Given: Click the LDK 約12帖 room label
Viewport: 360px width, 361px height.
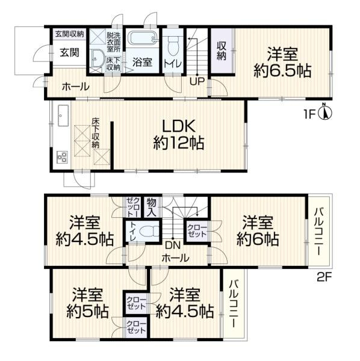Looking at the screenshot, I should coord(177,135).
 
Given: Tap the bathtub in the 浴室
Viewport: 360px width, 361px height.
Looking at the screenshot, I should coord(142,41).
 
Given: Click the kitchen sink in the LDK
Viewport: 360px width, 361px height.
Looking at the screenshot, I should coord(63,113).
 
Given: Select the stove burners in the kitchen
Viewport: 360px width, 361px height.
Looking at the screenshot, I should coord(62,157).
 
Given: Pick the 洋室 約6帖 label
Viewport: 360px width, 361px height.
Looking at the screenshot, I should coord(258,231).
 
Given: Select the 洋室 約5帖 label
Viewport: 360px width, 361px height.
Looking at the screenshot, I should coord(88,304).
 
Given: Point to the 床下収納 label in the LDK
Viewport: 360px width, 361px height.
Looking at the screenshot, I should coord(95,133).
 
